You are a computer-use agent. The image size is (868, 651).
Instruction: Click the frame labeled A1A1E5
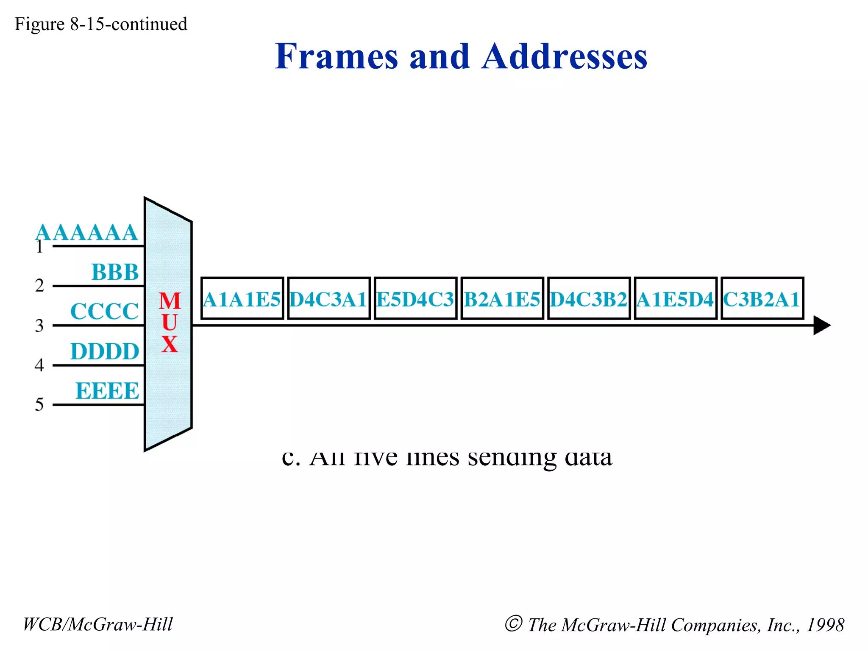pos(242,298)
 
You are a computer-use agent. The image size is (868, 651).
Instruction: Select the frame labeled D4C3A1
pos(329,298)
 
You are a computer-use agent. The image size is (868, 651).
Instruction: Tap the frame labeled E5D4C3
pos(415,298)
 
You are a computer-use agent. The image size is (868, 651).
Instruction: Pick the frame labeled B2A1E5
pos(502,298)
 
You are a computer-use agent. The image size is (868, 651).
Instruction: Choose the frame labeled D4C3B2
pos(589,298)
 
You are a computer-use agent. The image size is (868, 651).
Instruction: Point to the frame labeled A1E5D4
pos(676,298)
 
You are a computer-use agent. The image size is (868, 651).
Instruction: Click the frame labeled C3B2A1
pos(762,298)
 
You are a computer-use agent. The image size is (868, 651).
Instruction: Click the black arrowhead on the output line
pos(821,325)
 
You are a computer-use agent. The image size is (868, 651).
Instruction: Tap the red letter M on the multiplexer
pos(170,301)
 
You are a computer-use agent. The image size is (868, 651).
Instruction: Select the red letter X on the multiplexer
pos(170,344)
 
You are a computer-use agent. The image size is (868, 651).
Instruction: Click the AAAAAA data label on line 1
pos(86,233)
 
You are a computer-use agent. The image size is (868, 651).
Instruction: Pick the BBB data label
pos(115,272)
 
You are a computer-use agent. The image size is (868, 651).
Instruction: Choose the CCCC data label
pos(104,312)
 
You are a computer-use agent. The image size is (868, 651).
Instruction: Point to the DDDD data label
pos(105,351)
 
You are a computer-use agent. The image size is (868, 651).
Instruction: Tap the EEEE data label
pos(107,391)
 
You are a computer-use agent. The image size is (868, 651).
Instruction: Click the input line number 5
pos(39,405)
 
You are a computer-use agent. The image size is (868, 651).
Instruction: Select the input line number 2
pos(39,286)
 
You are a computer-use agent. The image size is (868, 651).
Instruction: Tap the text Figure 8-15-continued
pos(101,24)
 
